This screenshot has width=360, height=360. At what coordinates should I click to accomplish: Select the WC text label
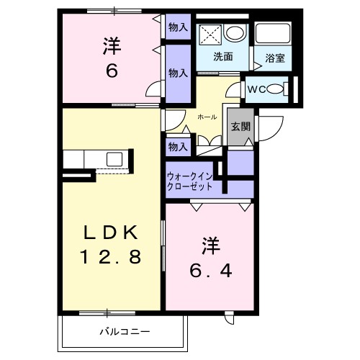pyautogui.click(x=257, y=89)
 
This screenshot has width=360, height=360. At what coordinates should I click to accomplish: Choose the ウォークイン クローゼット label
pyautogui.click(x=189, y=181)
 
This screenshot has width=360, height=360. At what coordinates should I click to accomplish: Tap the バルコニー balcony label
pyautogui.click(x=125, y=332)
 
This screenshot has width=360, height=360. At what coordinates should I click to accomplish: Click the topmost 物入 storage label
pyautogui.click(x=178, y=27)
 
